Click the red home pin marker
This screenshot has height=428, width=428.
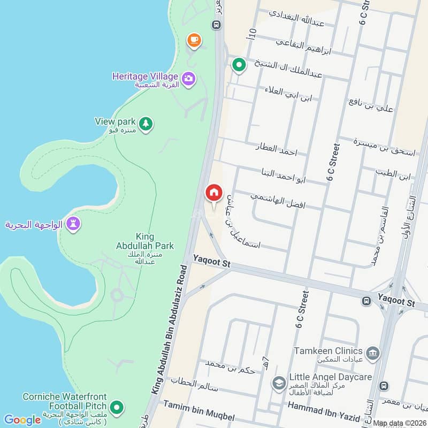(213, 193)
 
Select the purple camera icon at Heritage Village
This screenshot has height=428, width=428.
(188, 79)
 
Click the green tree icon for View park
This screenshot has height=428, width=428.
(146, 124)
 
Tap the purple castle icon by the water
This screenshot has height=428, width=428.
(73, 224)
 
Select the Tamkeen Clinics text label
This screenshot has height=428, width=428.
(328, 351)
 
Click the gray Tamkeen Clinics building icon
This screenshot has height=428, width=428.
(372, 352)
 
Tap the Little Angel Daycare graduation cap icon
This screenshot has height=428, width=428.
(278, 383)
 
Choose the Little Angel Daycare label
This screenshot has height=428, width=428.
(330, 377)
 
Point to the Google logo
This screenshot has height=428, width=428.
(22, 419)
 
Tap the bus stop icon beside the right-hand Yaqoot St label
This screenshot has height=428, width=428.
(367, 301)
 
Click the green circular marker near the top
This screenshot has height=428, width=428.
(239, 65)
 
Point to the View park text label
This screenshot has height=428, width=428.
(115, 121)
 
